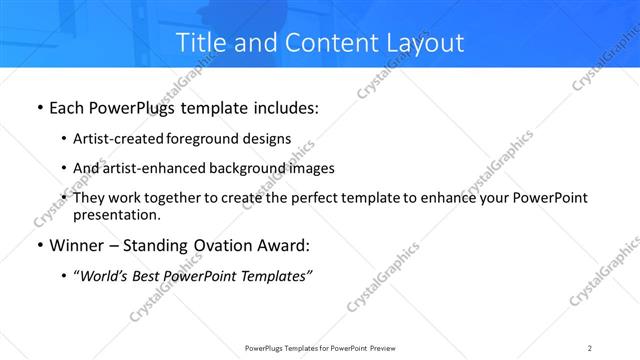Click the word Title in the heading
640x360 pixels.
click(200, 42)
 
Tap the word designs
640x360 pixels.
click(267, 139)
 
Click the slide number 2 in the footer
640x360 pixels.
click(590, 347)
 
